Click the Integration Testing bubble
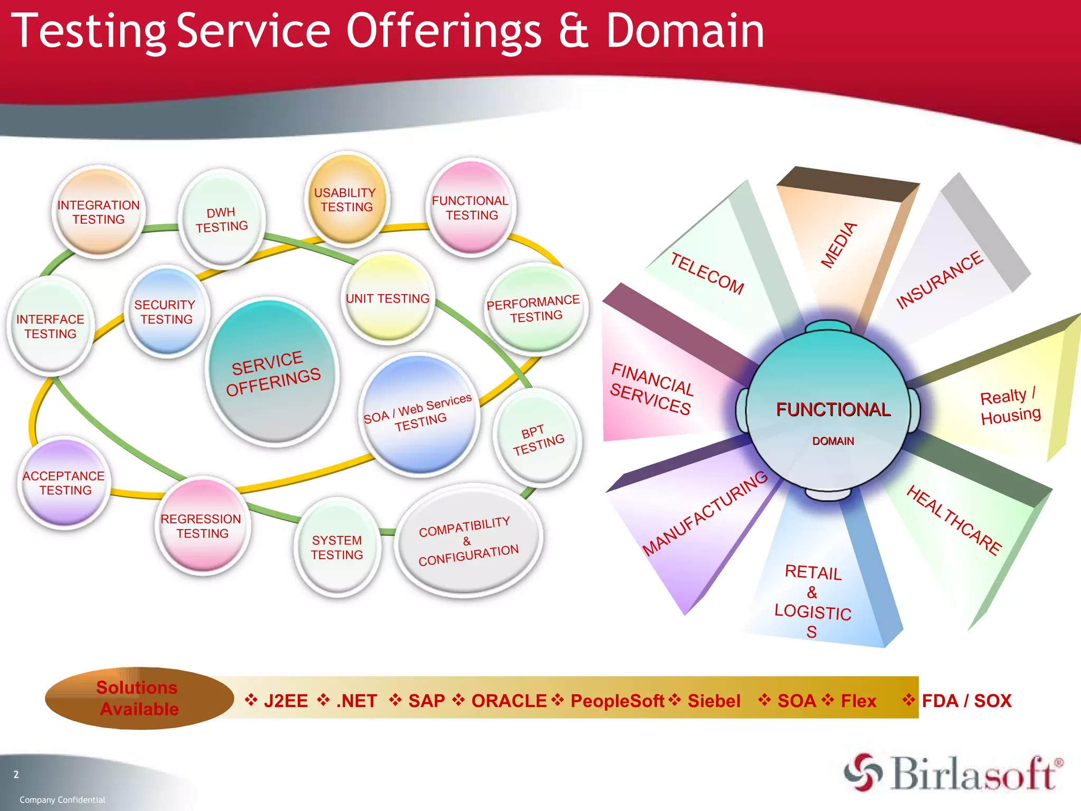pos(99,212)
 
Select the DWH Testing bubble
pos(221,219)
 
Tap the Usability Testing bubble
pos(346,200)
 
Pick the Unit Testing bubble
pos(388,298)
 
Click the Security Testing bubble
pos(166,312)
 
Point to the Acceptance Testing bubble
pos(64,483)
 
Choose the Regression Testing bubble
pos(201,526)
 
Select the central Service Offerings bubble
pos(272,373)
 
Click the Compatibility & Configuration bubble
pos(468,541)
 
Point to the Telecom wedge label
pos(707,273)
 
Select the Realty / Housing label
pos(1009,405)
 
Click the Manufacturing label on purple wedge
pos(705,513)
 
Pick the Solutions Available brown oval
pos(139,698)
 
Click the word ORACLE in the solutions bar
pos(509,701)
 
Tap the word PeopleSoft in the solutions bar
pos(617,701)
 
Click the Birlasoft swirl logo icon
pos(862,772)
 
